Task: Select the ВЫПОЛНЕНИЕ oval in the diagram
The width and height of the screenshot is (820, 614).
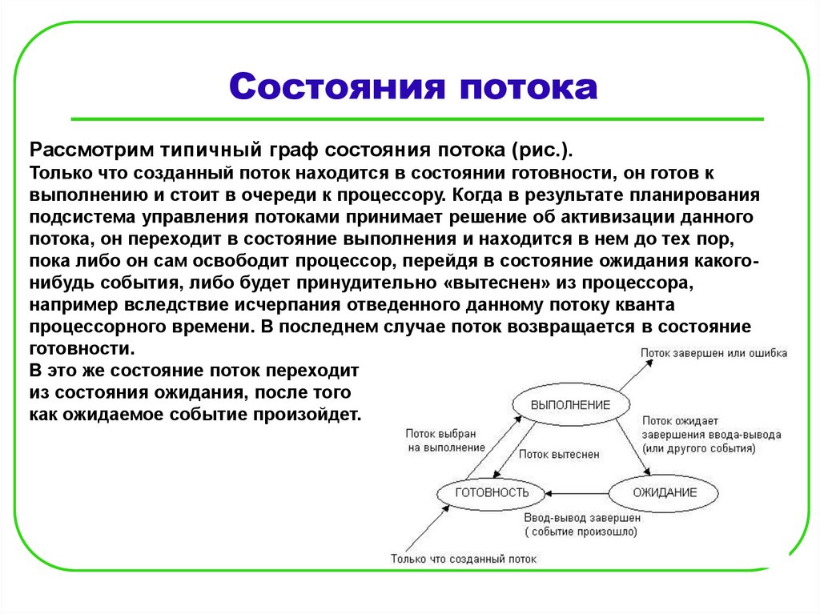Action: tap(570, 405)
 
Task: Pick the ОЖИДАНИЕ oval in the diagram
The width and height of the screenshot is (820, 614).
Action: tap(665, 492)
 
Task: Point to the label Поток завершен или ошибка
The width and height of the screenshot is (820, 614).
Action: tap(713, 352)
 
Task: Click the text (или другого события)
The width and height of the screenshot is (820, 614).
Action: tap(699, 449)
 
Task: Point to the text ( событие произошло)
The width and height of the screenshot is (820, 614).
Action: tap(581, 531)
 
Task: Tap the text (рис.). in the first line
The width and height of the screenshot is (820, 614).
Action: tap(543, 150)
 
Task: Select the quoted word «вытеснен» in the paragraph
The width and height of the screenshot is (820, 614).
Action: tap(503, 283)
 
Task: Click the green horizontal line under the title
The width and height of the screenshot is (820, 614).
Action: tap(416, 119)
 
